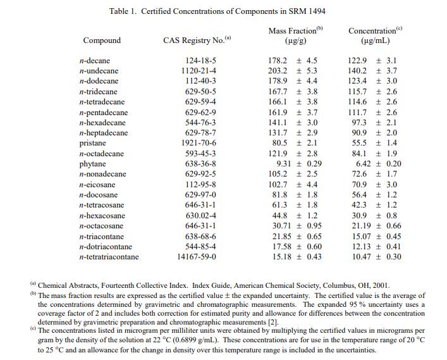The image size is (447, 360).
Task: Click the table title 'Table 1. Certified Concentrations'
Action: pos(217,11)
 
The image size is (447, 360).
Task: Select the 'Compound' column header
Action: pos(102,40)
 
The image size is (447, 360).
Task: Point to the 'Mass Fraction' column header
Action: pos(295,30)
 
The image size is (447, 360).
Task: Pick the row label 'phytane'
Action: pos(92,164)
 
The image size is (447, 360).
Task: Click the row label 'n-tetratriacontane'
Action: pos(109,257)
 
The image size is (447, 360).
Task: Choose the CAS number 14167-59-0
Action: pos(197,257)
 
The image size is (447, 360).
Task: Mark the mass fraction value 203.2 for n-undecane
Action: pos(278,71)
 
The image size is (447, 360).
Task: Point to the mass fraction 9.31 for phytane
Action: pos(283,164)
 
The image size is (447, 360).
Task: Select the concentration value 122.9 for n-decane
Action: pos(358,60)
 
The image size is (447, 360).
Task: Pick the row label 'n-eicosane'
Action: pos(96,185)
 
